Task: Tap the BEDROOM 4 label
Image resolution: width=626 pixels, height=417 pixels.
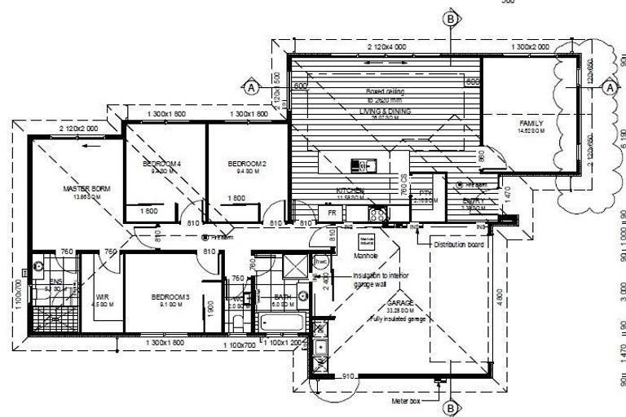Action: [x=161, y=164]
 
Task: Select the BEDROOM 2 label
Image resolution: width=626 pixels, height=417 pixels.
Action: [x=243, y=164]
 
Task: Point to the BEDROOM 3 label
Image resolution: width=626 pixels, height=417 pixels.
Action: [x=170, y=296]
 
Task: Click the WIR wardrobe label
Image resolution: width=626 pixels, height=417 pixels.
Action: [x=102, y=296]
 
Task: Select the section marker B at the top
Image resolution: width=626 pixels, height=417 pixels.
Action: [x=449, y=18]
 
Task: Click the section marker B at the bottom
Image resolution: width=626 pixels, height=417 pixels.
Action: [x=449, y=407]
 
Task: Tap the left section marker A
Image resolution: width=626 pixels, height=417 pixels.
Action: [x=251, y=86]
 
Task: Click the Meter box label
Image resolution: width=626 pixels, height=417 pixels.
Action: [x=408, y=401]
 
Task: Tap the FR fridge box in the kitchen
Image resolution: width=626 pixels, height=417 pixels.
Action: [x=332, y=213]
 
